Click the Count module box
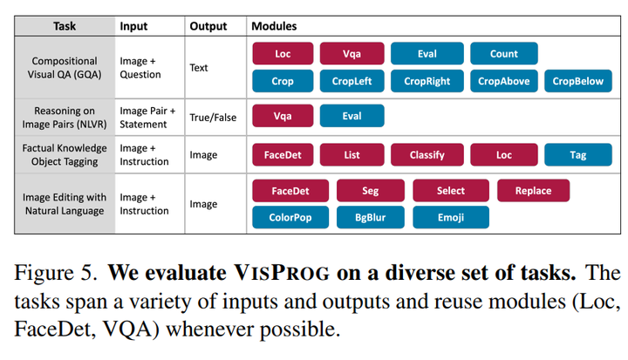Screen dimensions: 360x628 [x=503, y=54]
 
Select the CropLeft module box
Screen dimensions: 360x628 [x=352, y=81]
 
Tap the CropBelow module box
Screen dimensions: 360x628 [x=577, y=81]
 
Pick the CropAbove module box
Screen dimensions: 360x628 [x=503, y=81]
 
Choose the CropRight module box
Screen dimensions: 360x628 [x=427, y=81]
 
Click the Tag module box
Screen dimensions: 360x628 [x=578, y=155]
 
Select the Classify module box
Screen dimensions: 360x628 [x=427, y=155]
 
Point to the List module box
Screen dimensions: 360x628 [x=352, y=155]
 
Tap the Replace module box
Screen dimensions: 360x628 [x=533, y=191]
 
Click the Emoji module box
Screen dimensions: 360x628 [x=451, y=217]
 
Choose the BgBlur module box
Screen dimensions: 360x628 [x=370, y=217]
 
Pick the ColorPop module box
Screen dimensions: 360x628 [x=289, y=217]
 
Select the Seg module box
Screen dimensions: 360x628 [x=370, y=191]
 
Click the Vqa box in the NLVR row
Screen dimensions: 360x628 [x=283, y=116]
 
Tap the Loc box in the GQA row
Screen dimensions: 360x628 [x=283, y=54]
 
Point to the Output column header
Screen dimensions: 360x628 [x=208, y=27]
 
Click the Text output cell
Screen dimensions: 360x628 [x=199, y=67]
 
